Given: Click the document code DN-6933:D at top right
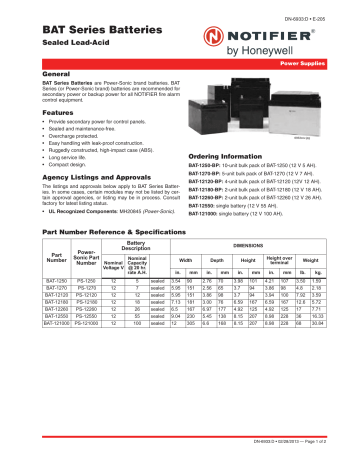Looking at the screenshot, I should pos(314,8).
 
